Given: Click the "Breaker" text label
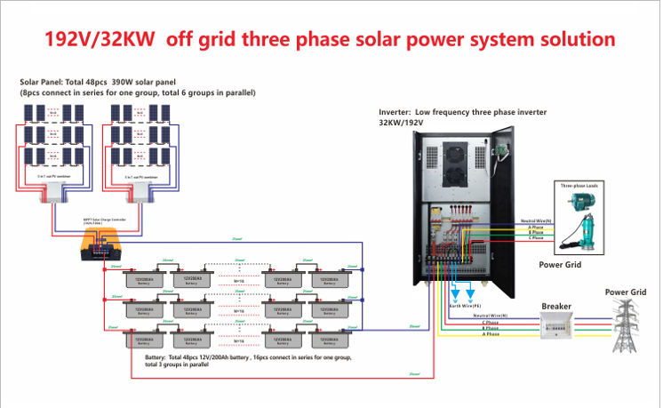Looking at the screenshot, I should tap(556, 306).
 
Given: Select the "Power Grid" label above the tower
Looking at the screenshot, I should tap(624, 292).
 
